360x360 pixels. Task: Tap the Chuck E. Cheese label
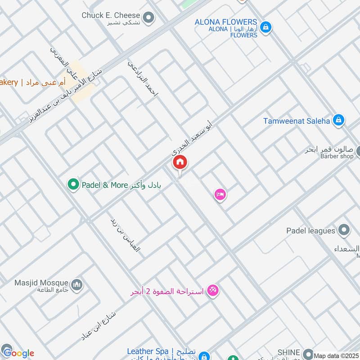tap(111, 15)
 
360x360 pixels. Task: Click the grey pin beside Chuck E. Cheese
tap(148, 18)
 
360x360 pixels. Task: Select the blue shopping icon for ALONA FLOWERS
tap(266, 27)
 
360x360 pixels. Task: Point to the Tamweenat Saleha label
tap(297, 120)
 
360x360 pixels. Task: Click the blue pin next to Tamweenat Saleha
tap(339, 120)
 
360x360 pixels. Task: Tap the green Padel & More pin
tap(73, 184)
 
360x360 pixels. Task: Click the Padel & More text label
tap(104, 185)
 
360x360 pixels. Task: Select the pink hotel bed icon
tap(220, 194)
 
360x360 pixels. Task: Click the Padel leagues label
tap(311, 231)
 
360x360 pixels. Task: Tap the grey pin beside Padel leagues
tap(344, 231)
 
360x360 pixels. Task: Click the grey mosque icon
tap(77, 284)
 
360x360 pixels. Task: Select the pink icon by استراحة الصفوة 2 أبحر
tap(213, 291)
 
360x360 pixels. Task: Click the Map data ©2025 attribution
tap(336, 355)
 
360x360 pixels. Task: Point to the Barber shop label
tap(337, 156)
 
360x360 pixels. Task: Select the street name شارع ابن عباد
tap(98, 324)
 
